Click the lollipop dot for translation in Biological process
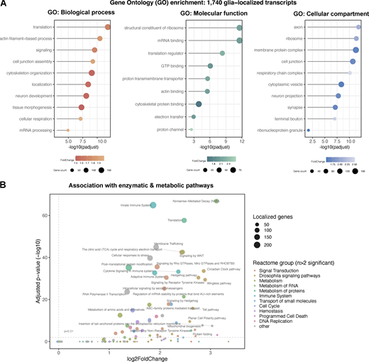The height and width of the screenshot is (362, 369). coord(108,27)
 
